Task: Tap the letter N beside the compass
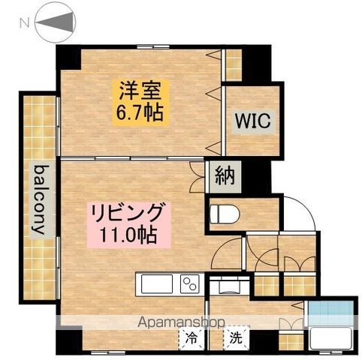[24, 23]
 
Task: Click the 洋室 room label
[137, 91]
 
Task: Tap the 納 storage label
[224, 177]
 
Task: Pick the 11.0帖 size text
[128, 235]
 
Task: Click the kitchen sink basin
[156, 285]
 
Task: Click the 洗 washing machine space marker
[236, 338]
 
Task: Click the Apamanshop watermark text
[181, 323]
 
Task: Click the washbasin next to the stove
[224, 286]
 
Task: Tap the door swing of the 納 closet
[198, 172]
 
